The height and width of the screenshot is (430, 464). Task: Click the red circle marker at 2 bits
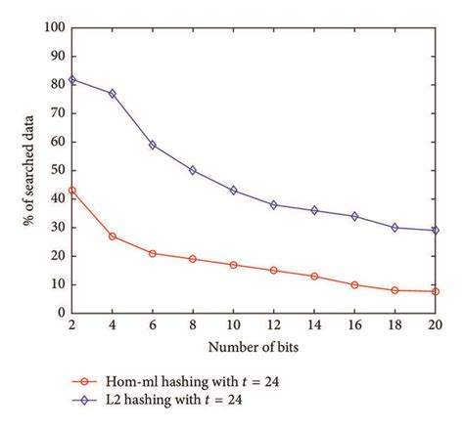(x=71, y=190)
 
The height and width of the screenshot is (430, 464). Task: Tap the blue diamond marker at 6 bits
(x=153, y=145)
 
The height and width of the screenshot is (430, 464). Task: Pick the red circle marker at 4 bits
(x=113, y=236)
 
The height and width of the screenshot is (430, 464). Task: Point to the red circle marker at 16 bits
(x=354, y=284)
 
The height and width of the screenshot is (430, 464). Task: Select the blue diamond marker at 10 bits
(x=233, y=190)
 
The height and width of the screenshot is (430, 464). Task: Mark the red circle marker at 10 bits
(x=233, y=265)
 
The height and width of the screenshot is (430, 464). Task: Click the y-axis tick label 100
(x=53, y=27)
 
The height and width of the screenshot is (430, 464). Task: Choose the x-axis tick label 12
(x=273, y=325)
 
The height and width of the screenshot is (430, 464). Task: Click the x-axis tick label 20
(x=435, y=325)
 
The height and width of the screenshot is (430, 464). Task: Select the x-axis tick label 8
(x=193, y=325)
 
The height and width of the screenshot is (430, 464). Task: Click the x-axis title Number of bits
(x=253, y=346)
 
